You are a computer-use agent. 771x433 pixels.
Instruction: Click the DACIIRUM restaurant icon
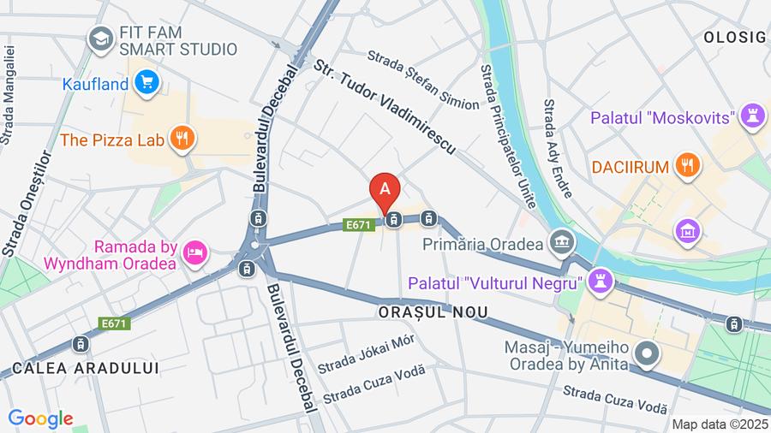coord(687,166)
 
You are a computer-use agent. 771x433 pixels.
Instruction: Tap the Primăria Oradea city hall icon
coord(562,242)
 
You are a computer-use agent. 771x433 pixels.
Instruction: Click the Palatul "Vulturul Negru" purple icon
coord(601,282)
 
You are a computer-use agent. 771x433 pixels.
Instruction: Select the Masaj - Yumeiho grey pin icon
coord(648,353)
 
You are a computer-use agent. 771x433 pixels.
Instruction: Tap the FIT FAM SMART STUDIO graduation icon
coord(101,39)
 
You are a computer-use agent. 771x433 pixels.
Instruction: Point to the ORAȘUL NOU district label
coord(433,312)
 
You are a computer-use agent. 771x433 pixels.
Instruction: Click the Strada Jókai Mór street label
coord(366,353)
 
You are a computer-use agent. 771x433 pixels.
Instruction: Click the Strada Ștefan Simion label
coord(423,80)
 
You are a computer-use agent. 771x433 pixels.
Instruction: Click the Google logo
coord(40,418)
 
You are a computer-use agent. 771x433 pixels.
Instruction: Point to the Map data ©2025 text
coord(720,424)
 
